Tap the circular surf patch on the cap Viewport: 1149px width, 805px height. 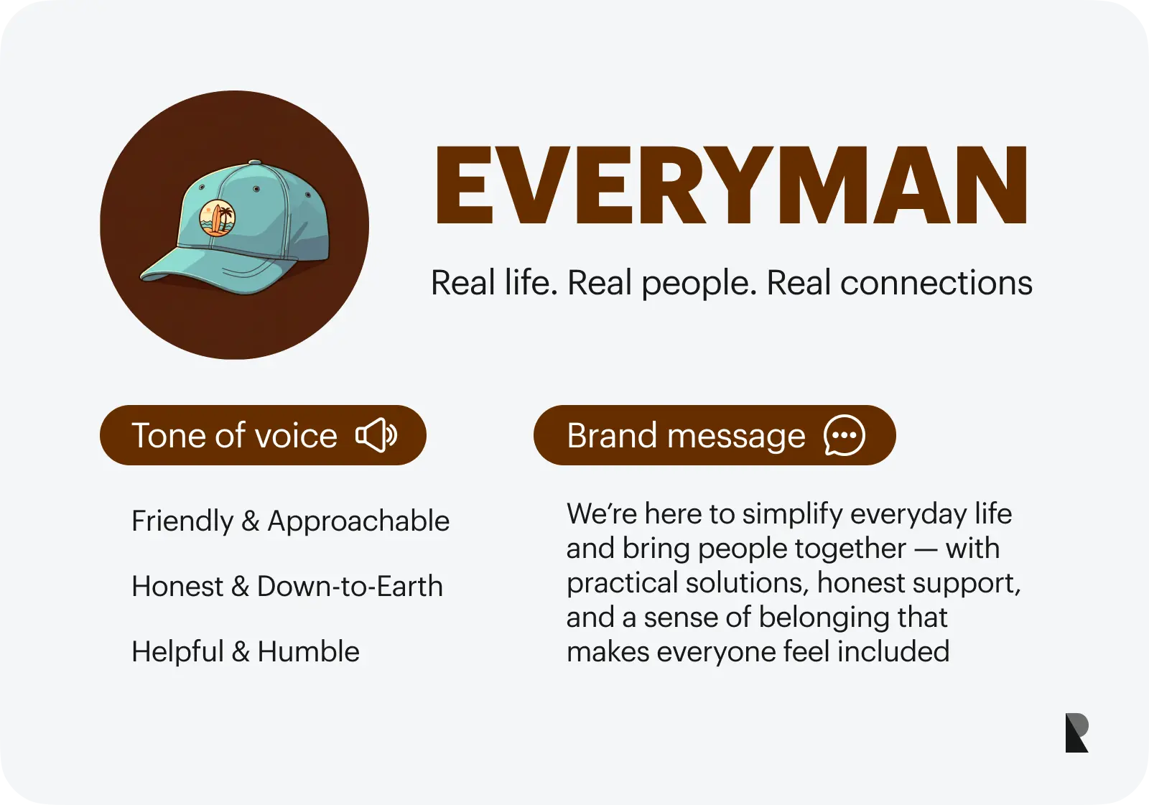(x=217, y=218)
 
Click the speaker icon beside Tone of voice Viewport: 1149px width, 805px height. (x=376, y=435)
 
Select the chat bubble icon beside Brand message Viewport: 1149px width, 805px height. (x=844, y=435)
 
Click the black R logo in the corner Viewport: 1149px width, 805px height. (x=1076, y=732)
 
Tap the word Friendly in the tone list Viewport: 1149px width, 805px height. (x=182, y=521)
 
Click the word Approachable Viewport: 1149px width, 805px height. (x=358, y=521)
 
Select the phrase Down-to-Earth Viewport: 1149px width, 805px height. (x=350, y=587)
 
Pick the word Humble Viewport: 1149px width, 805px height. (x=308, y=652)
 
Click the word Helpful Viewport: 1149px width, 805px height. (x=177, y=652)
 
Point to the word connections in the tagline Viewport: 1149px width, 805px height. (x=936, y=283)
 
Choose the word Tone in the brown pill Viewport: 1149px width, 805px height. (x=169, y=436)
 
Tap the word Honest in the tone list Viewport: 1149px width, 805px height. (x=177, y=587)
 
